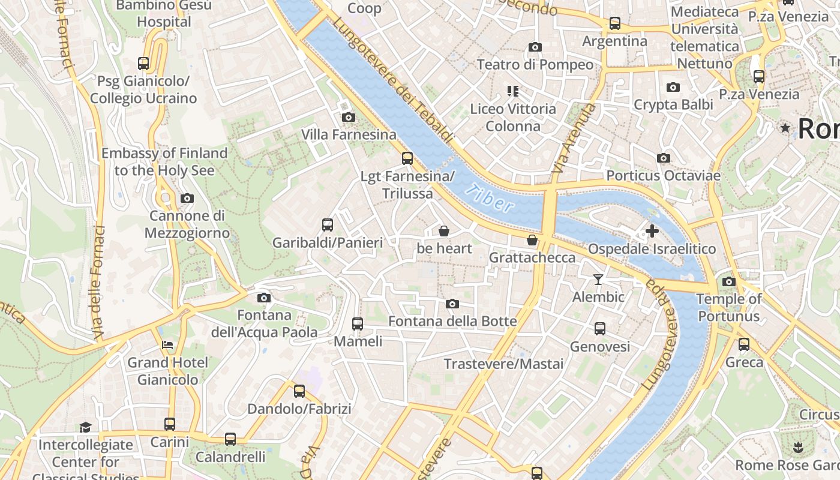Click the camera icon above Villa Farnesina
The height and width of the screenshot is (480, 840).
point(348,117)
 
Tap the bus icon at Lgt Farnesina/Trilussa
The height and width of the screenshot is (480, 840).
point(407,158)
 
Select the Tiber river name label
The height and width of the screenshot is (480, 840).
point(490,199)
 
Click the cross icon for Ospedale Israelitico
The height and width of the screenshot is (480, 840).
point(652,230)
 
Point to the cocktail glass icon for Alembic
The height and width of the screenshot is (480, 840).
point(598,279)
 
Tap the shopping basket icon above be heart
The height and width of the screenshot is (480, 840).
point(444,231)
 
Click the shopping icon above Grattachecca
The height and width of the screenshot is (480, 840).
point(532,241)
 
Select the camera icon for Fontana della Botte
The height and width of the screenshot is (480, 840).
point(452,304)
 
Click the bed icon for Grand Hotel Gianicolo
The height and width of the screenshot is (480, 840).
point(167,345)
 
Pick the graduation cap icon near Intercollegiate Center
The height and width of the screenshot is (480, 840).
point(85,427)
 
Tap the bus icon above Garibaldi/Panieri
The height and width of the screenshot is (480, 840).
point(328,225)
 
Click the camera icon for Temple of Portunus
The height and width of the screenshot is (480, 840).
point(729,281)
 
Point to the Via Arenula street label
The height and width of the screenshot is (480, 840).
point(574,139)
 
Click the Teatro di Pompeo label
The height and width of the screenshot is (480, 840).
point(535,64)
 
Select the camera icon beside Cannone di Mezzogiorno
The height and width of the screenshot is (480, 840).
point(187,198)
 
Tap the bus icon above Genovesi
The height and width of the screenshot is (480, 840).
point(600,329)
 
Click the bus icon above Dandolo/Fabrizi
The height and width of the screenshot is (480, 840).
point(299,391)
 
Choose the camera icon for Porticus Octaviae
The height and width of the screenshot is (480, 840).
point(664,158)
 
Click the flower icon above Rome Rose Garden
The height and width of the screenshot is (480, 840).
point(797,447)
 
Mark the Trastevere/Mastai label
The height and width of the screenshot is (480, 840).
point(503,364)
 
